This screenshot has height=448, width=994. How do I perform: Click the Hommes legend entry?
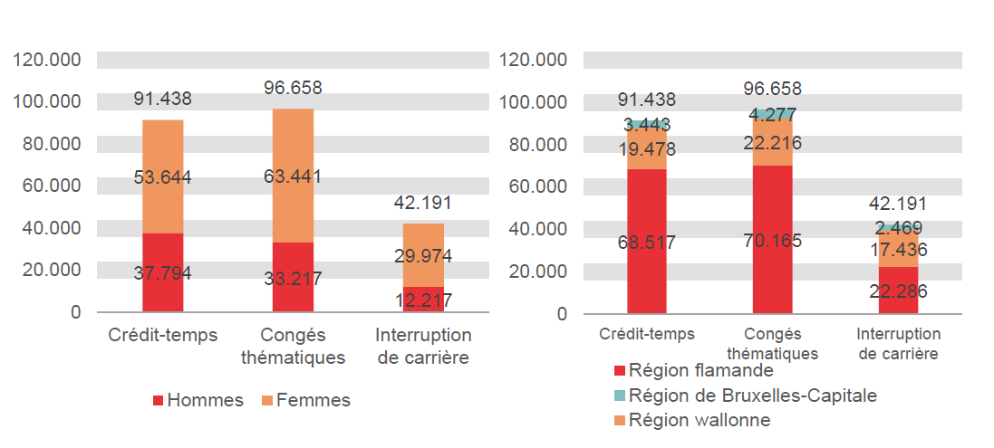pyautogui.click(x=198, y=400)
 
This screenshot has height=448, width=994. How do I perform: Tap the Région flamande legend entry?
pyautogui.click(x=693, y=370)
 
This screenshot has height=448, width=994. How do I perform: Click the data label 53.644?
pyautogui.click(x=162, y=176)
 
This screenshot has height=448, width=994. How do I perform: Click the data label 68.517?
pyautogui.click(x=647, y=243)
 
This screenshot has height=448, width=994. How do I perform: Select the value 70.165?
pyautogui.click(x=772, y=241)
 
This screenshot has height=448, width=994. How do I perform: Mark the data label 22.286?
pyautogui.click(x=898, y=291)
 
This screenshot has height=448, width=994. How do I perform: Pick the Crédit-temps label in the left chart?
pyautogui.click(x=162, y=335)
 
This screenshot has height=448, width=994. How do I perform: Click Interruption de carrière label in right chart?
pyautogui.click(x=898, y=343)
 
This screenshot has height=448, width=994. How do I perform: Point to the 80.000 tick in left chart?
pyautogui.click(x=49, y=144)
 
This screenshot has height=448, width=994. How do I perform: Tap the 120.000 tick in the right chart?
pyautogui.click(x=535, y=61)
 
